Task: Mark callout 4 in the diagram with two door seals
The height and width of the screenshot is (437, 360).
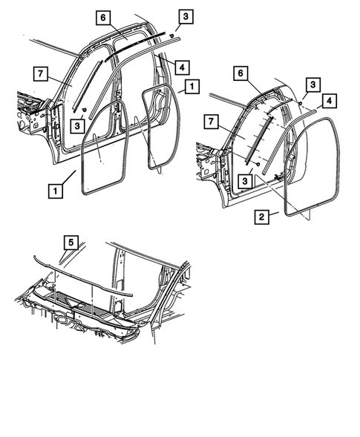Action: [x=180, y=67]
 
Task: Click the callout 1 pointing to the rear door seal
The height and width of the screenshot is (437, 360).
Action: [x=192, y=87]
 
